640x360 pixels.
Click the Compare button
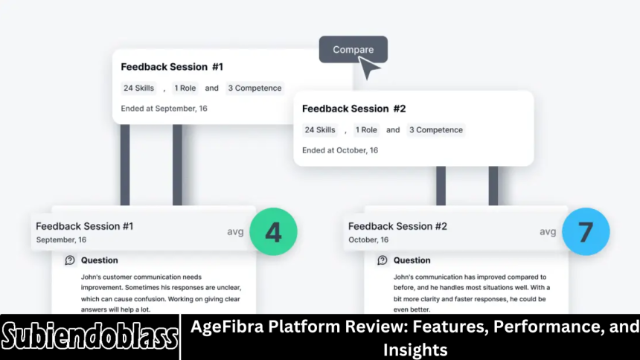pyautogui.click(x=353, y=50)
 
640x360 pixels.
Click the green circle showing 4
pyautogui.click(x=273, y=231)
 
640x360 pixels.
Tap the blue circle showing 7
pyautogui.click(x=586, y=231)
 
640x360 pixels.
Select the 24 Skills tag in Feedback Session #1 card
pyautogui.click(x=138, y=88)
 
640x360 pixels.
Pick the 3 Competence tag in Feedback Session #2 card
pyautogui.click(x=436, y=129)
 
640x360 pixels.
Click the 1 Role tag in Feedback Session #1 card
pyautogui.click(x=185, y=88)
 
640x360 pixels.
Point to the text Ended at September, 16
pyautogui.click(x=164, y=109)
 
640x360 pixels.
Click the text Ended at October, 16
pyautogui.click(x=340, y=150)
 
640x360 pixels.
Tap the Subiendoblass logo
pyautogui.click(x=89, y=337)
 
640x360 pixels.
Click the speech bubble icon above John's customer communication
pyautogui.click(x=70, y=260)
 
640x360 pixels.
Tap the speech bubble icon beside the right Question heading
pyautogui.click(x=383, y=260)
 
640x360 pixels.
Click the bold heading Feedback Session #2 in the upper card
pyautogui.click(x=353, y=109)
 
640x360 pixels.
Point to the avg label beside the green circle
pyautogui.click(x=235, y=231)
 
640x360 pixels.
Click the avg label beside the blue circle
pyautogui.click(x=548, y=231)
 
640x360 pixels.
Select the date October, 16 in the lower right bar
pyautogui.click(x=369, y=240)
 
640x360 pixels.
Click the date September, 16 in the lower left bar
pyautogui.click(x=61, y=240)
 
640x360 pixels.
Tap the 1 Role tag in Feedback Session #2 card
pyautogui.click(x=366, y=129)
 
